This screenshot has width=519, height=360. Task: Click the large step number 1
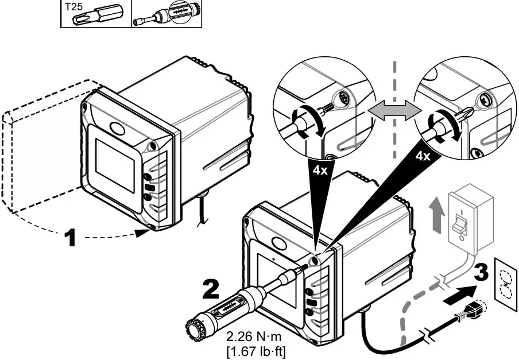point(69,237)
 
